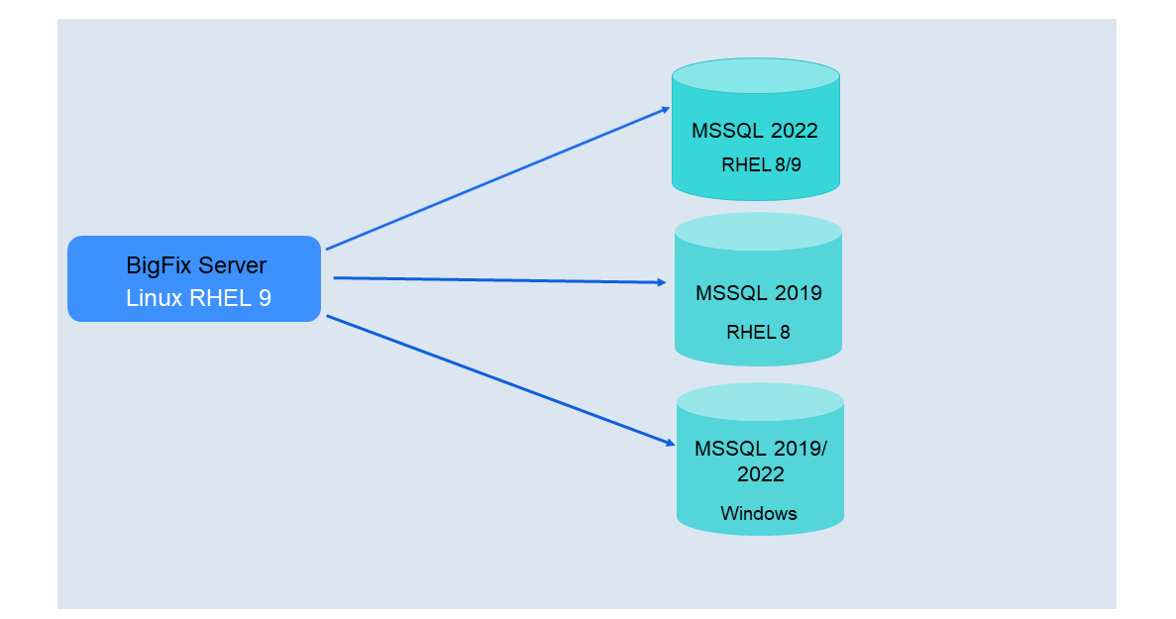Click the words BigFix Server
(196, 265)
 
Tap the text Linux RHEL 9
(198, 298)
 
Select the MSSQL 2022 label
(754, 132)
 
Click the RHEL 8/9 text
(761, 165)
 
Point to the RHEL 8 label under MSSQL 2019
(758, 332)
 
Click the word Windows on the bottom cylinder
(759, 513)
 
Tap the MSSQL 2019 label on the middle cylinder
(758, 293)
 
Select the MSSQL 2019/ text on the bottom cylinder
(760, 448)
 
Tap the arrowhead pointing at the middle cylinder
(662, 282)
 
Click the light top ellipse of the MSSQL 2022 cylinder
(755, 76)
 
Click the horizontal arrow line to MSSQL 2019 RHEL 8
(495, 280)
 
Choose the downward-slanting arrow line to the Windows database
(495, 381)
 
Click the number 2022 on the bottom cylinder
(760, 474)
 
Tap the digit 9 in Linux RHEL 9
(264, 298)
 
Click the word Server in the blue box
(232, 265)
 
